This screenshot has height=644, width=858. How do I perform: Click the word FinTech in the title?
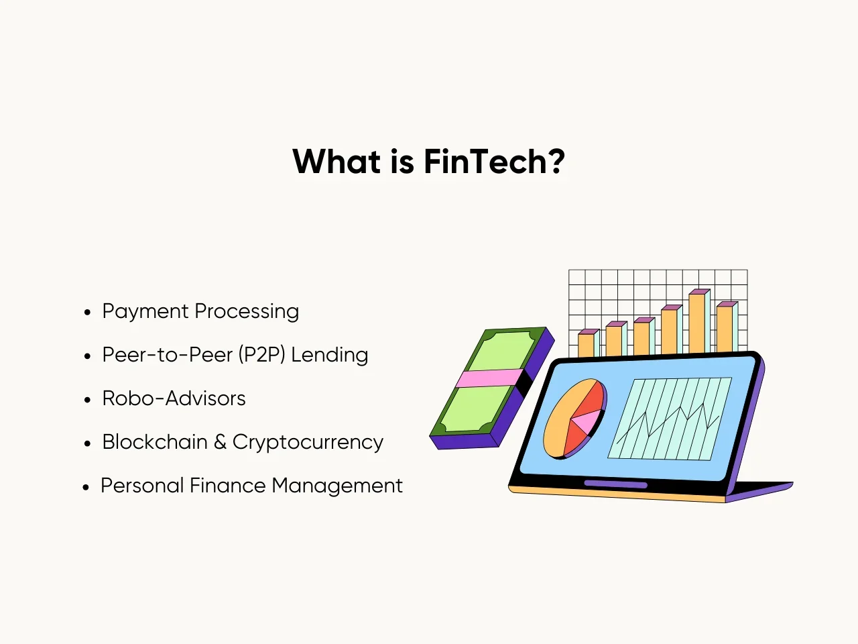485,161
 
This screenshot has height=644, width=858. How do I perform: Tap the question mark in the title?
556,161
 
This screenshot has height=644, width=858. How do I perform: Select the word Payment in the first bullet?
145,313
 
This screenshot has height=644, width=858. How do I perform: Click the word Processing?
247,313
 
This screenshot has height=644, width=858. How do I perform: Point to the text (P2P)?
262,355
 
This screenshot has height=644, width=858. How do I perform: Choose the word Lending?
330,356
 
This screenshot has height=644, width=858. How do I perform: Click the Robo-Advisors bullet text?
174,398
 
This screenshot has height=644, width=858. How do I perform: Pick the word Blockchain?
155,442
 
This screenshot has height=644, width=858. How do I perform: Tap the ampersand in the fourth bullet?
220,442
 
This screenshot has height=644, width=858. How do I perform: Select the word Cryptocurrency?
308,443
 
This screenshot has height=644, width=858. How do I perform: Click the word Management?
337,486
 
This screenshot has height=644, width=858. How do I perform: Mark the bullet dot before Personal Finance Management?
86,487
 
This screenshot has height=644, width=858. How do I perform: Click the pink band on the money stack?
489,378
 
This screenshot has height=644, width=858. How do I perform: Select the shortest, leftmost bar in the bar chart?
587,343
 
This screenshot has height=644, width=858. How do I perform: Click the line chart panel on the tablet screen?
669,419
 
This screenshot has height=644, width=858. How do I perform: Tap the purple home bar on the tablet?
615,484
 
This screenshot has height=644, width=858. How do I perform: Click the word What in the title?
336,161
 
